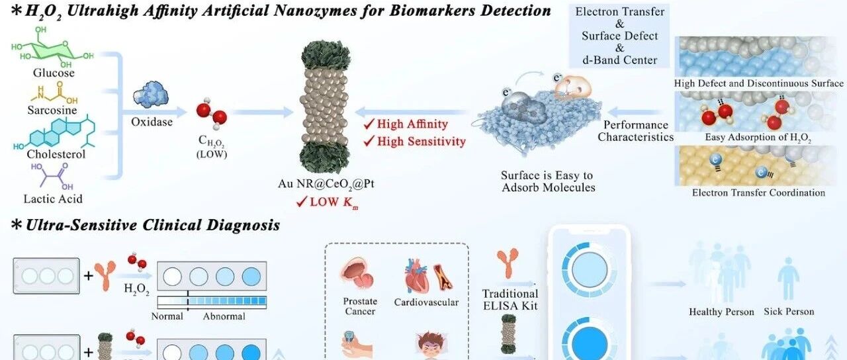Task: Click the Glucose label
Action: [x=54, y=73]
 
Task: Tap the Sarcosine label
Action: [x=55, y=111]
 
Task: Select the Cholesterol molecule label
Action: [x=56, y=154]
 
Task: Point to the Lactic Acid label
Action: [x=52, y=199]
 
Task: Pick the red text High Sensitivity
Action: [x=421, y=141]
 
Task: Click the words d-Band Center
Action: [x=619, y=60]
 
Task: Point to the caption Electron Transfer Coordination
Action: [x=758, y=193]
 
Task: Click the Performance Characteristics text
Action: [x=635, y=131]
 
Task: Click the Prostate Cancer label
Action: [x=359, y=306]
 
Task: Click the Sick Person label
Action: [x=789, y=311]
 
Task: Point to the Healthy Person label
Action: [x=721, y=312]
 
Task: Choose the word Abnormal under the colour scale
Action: [x=224, y=316]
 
